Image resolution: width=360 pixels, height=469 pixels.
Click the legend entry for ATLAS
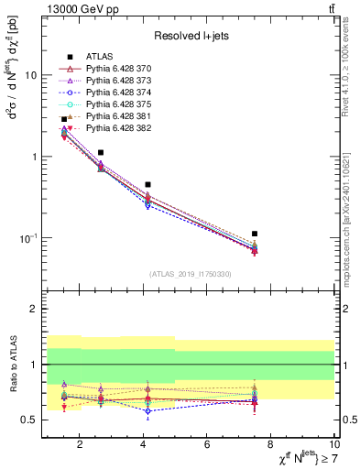coord(96,57)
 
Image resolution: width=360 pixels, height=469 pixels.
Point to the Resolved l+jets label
coord(191,36)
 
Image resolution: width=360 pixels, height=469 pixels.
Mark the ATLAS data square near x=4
coord(147,184)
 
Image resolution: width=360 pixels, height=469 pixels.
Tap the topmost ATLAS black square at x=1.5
coord(64,119)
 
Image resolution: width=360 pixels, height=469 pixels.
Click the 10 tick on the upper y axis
coord(33,75)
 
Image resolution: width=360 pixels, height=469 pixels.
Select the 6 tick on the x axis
coord(207,446)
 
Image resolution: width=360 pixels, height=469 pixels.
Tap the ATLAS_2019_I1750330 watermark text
coord(190,274)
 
